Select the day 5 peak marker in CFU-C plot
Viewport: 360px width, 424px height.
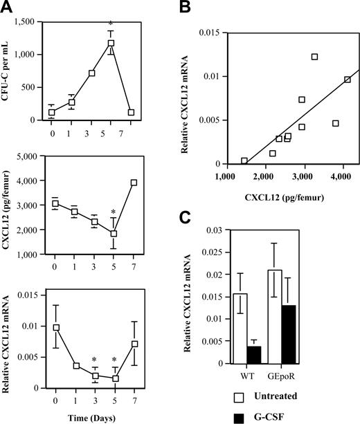point(110,43)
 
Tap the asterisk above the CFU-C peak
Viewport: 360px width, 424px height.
point(110,24)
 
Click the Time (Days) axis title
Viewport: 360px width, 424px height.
point(92,417)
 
